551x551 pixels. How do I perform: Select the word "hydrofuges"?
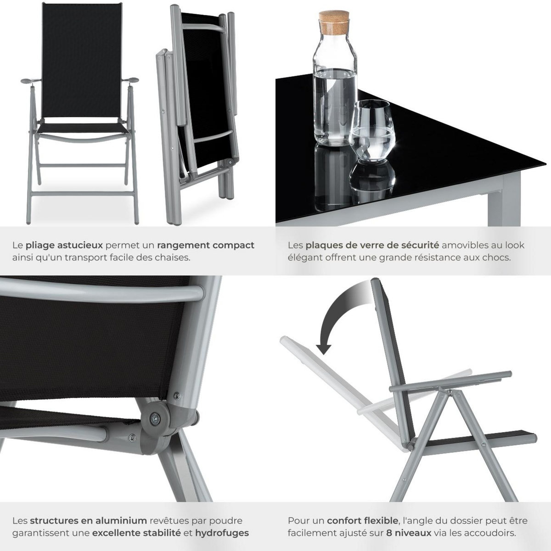click(x=222, y=533)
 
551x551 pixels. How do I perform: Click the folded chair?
click(x=197, y=106)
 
